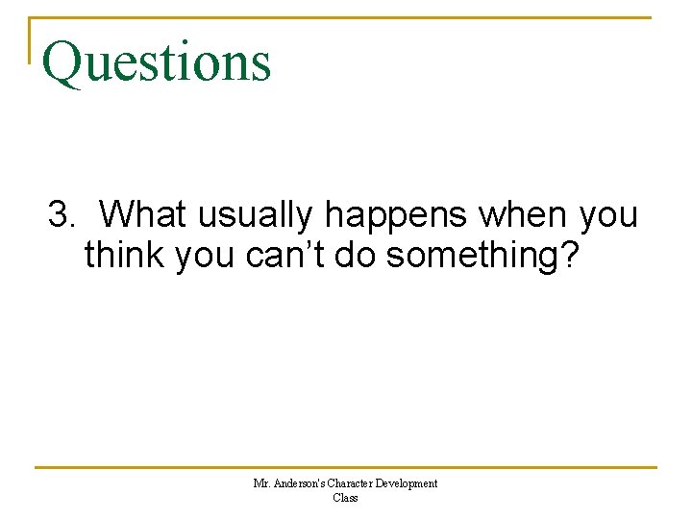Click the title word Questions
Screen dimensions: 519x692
click(x=157, y=61)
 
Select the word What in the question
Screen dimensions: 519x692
click(x=142, y=214)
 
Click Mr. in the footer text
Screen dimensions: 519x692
click(x=261, y=483)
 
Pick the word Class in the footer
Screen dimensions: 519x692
click(x=345, y=498)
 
